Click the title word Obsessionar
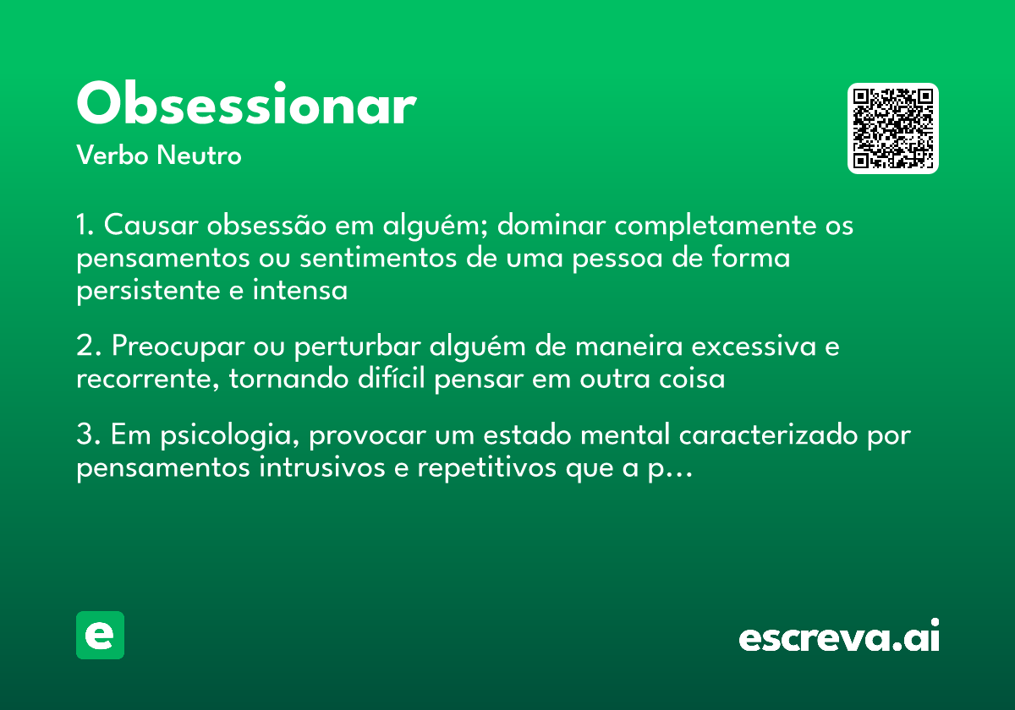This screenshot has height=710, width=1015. (x=245, y=106)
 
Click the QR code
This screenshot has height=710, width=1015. (x=892, y=128)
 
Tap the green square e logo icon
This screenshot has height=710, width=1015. (x=100, y=635)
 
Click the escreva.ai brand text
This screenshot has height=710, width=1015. (x=839, y=637)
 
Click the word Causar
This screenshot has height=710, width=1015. (x=151, y=227)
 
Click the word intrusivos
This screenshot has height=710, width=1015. (x=316, y=468)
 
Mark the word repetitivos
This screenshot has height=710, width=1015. (x=482, y=468)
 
